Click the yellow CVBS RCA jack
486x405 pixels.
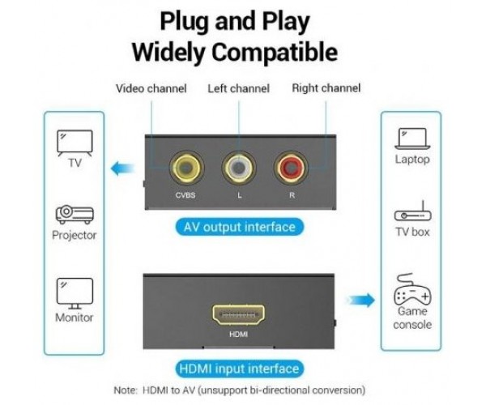(186, 168)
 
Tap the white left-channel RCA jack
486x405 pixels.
(239, 168)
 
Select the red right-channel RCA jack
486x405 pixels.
(291, 168)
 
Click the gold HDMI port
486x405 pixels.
(238, 314)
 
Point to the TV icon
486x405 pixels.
(75, 143)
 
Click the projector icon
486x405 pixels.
(75, 215)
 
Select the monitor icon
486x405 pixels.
(75, 293)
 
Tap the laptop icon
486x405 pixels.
(412, 139)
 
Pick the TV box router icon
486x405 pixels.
(412, 211)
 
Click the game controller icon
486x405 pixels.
(412, 289)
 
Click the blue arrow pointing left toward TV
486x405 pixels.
(123, 168)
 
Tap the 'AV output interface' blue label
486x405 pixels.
(240, 227)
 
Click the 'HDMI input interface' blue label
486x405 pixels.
(240, 369)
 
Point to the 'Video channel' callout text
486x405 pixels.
(151, 88)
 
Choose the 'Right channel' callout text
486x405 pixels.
(326, 88)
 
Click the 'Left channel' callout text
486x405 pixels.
(238, 88)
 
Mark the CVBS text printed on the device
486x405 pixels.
(185, 195)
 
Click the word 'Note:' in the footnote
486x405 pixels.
(126, 390)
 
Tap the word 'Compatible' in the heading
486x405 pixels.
(275, 52)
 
